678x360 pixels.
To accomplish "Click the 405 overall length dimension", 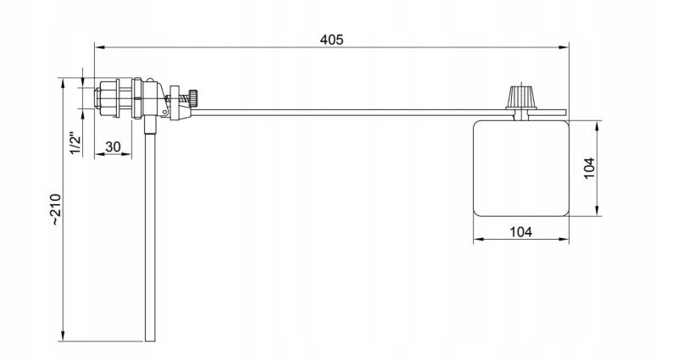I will [x=331, y=39].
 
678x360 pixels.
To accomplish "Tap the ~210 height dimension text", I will [x=55, y=209].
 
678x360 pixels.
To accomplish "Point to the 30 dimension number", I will [x=113, y=147].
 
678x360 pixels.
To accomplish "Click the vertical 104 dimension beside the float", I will [x=591, y=166].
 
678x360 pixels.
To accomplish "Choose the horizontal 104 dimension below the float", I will [x=521, y=231].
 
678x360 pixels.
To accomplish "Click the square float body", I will [x=520, y=166].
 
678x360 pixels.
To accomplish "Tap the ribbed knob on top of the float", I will [x=519, y=96].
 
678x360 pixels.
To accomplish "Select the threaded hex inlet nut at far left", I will [x=108, y=98].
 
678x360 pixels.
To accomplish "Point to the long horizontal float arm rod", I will [x=356, y=111].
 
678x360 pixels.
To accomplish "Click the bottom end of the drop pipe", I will [x=151, y=339].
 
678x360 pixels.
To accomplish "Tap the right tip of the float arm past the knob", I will [x=564, y=111].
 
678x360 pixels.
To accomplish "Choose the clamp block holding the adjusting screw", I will [x=175, y=102].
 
